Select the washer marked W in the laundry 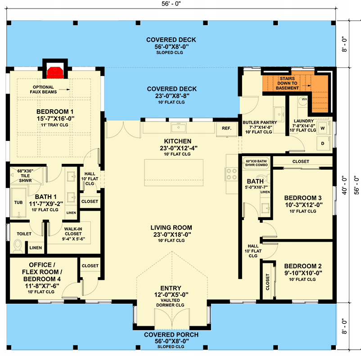pos(322,127)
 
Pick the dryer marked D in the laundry pos(322,144)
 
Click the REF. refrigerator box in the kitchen pos(226,128)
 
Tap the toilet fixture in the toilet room pos(18,246)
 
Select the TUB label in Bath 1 pos(18,203)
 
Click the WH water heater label pos(304,99)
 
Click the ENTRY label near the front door pos(171,288)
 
